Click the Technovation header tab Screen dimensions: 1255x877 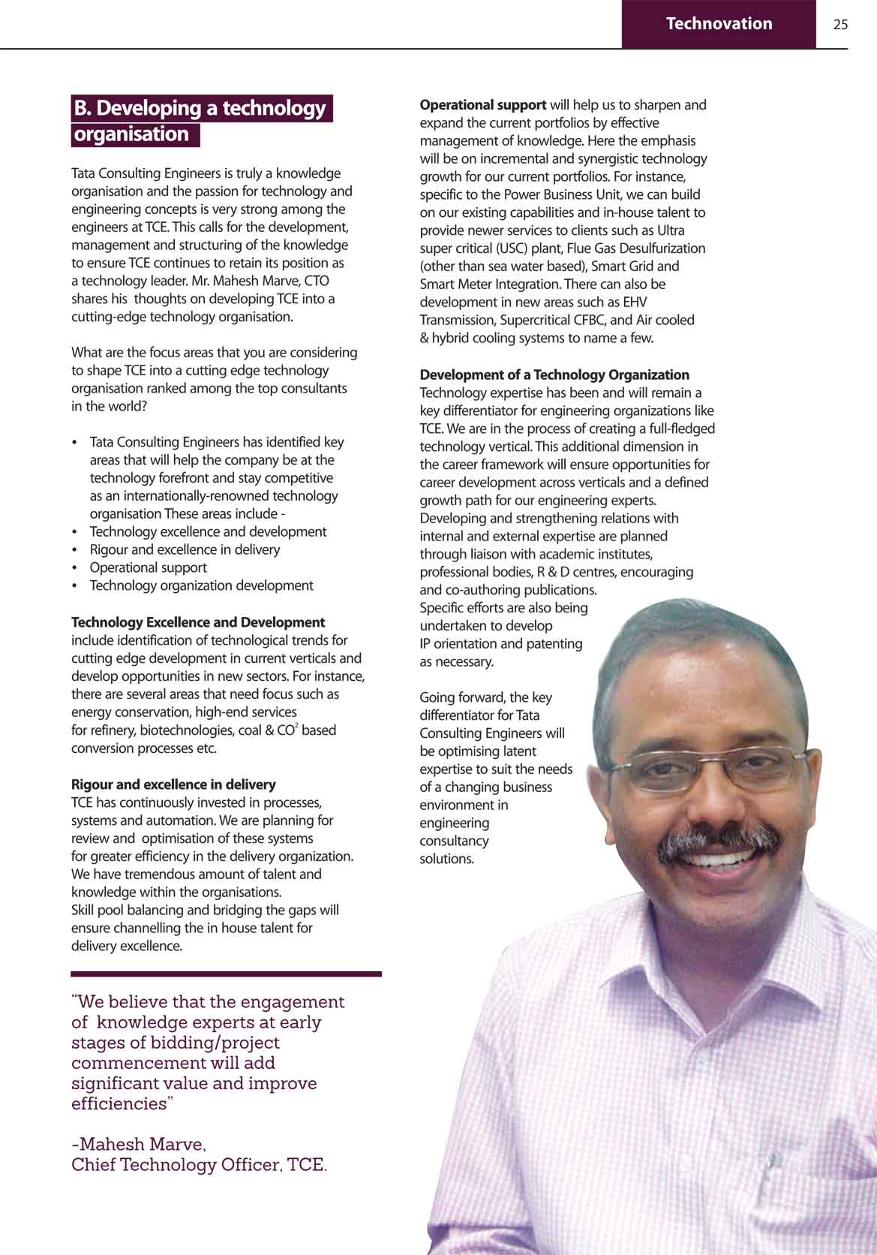click(x=718, y=24)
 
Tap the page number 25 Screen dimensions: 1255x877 click(x=840, y=25)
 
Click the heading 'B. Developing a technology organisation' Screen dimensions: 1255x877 click(x=201, y=121)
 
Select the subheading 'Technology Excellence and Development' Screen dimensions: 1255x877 click(x=197, y=622)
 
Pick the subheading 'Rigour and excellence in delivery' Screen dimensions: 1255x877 click(x=173, y=784)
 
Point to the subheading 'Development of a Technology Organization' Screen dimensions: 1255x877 click(x=554, y=375)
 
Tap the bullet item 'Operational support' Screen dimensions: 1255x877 click(x=148, y=567)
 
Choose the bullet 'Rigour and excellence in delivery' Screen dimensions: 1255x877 click(x=185, y=549)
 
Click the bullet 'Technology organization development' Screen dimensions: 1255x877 click(x=201, y=585)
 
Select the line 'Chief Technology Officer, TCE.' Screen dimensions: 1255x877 click(x=199, y=1165)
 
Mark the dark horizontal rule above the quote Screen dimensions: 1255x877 click(x=226, y=974)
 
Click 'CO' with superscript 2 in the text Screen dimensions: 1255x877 click(x=287, y=730)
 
